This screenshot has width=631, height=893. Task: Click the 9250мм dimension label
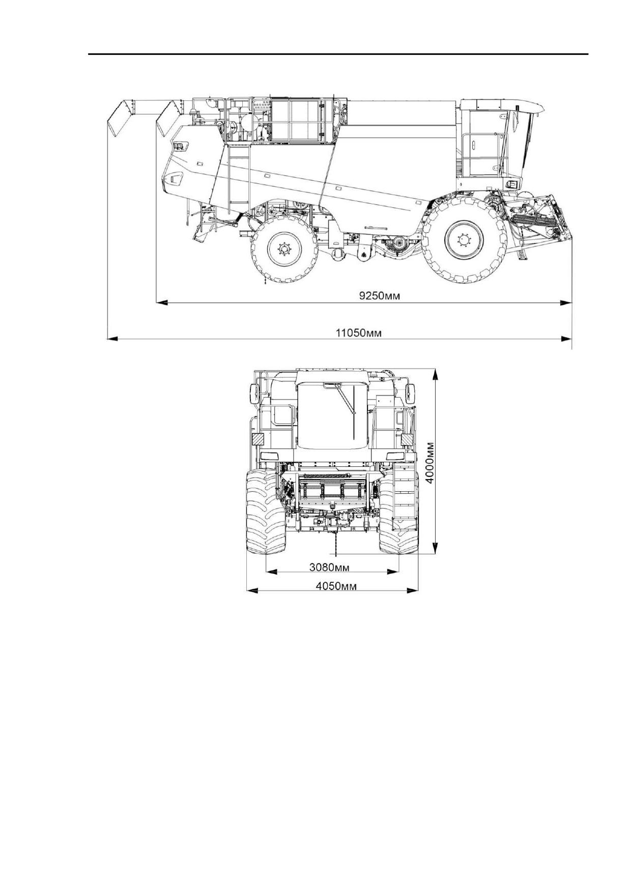point(379,296)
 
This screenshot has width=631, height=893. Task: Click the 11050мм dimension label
point(358,333)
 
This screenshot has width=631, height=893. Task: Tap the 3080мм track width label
point(329,566)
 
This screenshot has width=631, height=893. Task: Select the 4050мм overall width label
point(336,585)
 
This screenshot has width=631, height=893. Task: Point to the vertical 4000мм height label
point(430,462)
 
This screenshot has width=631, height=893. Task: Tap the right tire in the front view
point(398,511)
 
